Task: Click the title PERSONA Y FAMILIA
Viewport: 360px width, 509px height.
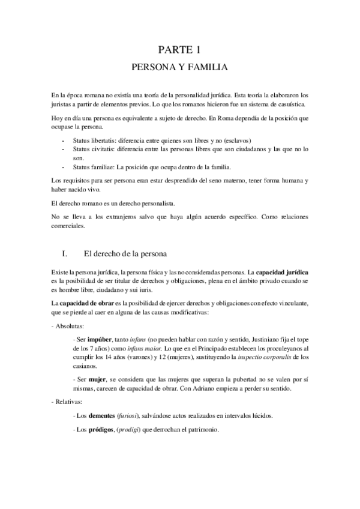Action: [x=179, y=68]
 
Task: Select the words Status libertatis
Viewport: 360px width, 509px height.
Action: [x=93, y=140]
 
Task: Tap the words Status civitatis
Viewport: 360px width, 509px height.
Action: [x=92, y=149]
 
